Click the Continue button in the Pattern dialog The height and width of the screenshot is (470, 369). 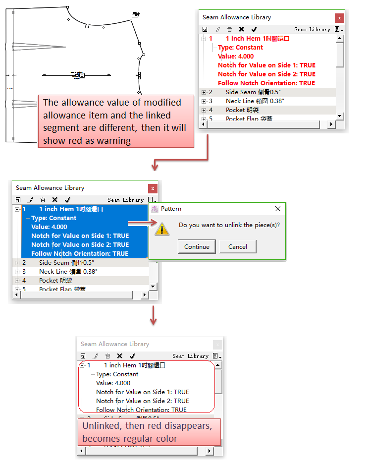[197, 247]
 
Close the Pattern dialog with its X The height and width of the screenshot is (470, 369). [278, 209]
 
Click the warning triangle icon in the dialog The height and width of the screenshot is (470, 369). [162, 228]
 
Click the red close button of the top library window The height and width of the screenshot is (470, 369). [339, 18]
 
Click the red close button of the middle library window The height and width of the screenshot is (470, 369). [153, 188]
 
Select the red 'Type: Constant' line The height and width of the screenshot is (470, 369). [240, 48]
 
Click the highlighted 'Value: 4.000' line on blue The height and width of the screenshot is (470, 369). [49, 227]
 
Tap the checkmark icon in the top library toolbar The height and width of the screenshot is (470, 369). [254, 30]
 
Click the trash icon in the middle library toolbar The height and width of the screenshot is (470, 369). [43, 200]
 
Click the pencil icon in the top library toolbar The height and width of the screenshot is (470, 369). [217, 30]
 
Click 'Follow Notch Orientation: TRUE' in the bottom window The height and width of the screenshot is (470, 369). [141, 410]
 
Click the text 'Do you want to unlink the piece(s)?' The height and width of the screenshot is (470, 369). [229, 225]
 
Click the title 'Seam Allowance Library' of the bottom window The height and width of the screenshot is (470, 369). [114, 344]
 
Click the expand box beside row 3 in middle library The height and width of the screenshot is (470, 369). [17, 272]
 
